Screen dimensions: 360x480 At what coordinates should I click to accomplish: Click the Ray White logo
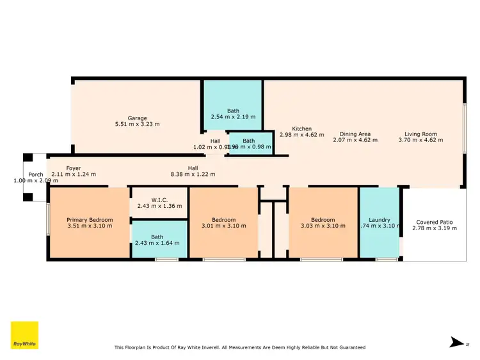[24, 334]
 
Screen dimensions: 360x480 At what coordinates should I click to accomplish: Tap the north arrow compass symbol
[455, 342]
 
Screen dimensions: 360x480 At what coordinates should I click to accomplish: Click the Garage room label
[137, 118]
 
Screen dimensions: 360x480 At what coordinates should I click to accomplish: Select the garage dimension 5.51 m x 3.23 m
[137, 124]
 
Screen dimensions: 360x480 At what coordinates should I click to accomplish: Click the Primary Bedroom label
[90, 220]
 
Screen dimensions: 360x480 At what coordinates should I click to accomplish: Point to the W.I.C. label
[159, 199]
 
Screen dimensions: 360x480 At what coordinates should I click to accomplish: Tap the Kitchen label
[302, 129]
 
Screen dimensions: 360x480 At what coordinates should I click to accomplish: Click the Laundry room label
[380, 220]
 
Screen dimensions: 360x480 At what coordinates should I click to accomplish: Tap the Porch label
[35, 175]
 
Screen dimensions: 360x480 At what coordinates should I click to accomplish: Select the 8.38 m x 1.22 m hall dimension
[193, 174]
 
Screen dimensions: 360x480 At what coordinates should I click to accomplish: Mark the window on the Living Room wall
[464, 128]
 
